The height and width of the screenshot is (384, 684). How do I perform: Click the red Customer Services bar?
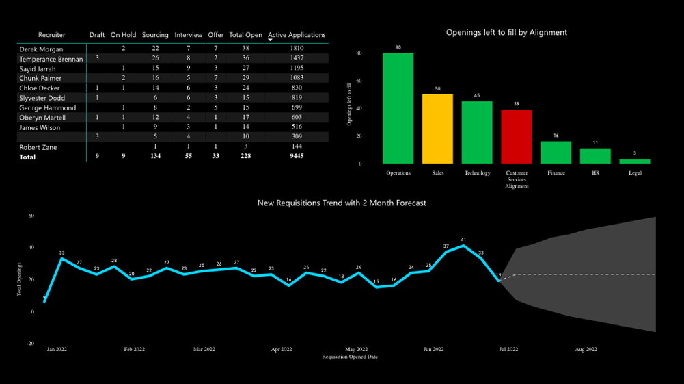coord(517,136)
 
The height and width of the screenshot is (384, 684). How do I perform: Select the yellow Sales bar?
coord(437,129)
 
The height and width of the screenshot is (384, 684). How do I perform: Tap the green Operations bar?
coord(398,108)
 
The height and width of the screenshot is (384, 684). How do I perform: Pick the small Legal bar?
coord(635,162)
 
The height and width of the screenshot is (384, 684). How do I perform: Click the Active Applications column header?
coord(297,35)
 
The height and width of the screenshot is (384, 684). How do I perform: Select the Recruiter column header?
coord(52,35)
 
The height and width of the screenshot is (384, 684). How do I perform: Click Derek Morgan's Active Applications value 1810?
coord(297,49)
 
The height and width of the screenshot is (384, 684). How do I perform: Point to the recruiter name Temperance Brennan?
coord(51,59)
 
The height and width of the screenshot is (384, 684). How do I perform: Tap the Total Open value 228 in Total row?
coord(245,157)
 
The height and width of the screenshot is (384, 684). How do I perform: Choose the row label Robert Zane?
coord(38,147)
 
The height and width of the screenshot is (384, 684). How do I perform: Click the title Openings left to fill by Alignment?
coord(506,32)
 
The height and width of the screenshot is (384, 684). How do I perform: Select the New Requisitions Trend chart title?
coord(342,203)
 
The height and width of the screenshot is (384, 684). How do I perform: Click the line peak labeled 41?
coord(463,246)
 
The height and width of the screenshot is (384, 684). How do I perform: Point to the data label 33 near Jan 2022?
coord(61,253)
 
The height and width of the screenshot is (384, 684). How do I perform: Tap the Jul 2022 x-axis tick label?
coord(508,349)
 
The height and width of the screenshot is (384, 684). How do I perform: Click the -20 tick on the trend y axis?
coord(31,344)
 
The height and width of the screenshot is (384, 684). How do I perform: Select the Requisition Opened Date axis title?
coord(350,357)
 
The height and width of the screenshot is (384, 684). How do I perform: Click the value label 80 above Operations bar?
coord(398,47)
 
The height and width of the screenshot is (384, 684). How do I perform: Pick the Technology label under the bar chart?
coord(477,173)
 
